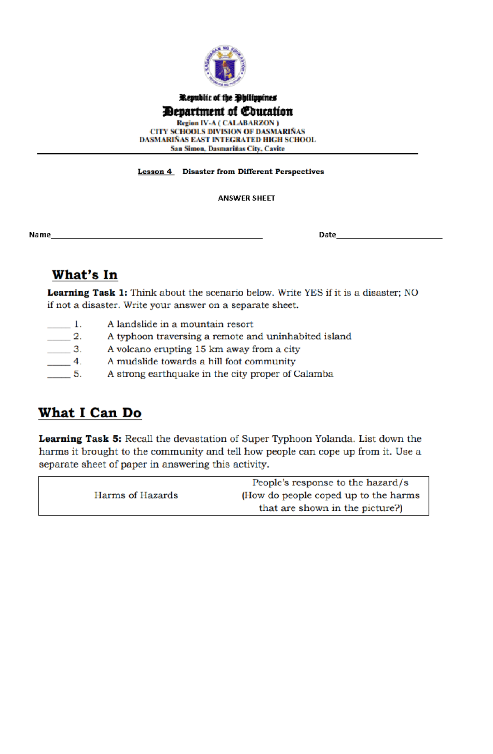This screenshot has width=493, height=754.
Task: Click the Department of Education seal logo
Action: pos(225,66)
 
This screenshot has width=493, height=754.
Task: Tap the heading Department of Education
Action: pos(228,111)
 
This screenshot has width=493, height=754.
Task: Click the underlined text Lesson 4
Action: pos(155,172)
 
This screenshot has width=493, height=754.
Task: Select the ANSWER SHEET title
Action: pos(246,198)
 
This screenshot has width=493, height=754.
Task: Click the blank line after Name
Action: pos(156,236)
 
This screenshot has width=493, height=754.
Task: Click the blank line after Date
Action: pos(389,236)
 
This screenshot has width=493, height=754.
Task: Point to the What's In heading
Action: pos(85,275)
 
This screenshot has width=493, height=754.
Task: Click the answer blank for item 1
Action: pos(59,326)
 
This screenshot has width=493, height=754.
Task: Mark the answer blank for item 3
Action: pos(59,351)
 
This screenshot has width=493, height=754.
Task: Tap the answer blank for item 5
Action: pos(59,376)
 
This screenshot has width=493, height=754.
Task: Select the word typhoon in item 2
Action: pos(134,337)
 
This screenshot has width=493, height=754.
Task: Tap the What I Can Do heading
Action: pos(90,413)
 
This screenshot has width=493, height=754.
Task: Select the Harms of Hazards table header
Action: pos(136,495)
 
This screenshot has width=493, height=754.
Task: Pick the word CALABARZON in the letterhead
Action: pos(249,123)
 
